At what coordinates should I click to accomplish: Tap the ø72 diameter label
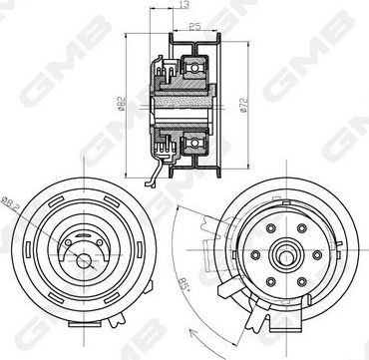243,105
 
